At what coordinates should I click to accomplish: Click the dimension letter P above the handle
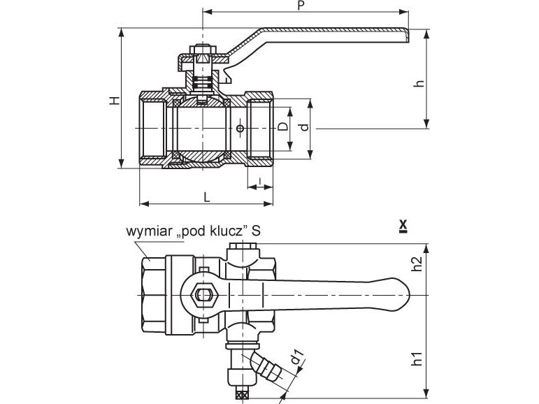(x=301, y=6)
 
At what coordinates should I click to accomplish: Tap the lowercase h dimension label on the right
(x=419, y=83)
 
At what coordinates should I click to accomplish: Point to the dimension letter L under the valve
(x=206, y=196)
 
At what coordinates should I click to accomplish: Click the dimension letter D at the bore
(x=282, y=126)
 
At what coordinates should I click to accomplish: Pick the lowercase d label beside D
(x=303, y=127)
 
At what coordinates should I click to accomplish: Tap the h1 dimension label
(x=417, y=360)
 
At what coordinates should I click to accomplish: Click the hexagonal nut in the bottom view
(x=204, y=296)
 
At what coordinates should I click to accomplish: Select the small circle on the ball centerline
(x=240, y=129)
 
